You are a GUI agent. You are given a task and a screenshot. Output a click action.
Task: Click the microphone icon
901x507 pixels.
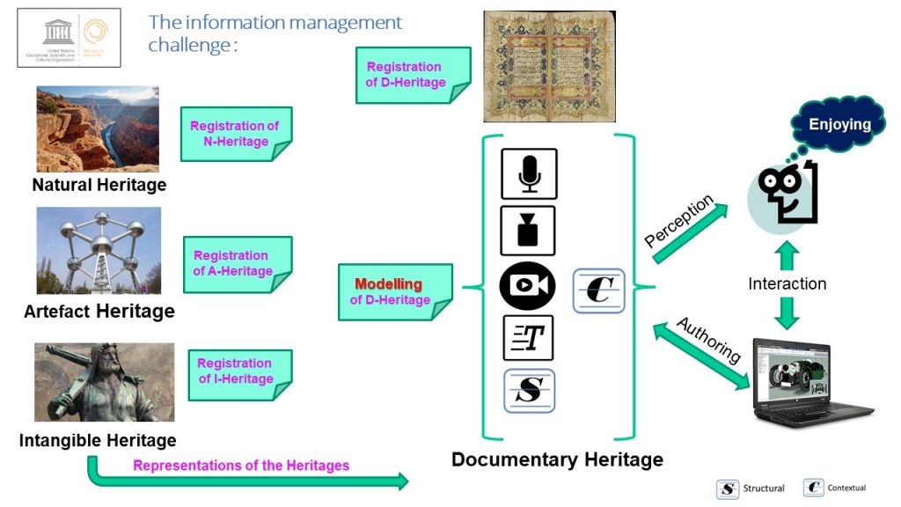coord(529,173)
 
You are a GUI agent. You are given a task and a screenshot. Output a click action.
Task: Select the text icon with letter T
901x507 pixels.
coord(528,338)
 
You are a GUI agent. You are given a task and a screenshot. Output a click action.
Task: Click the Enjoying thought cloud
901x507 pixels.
coord(839,125)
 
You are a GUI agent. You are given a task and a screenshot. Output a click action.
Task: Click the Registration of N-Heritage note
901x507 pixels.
coord(235,134)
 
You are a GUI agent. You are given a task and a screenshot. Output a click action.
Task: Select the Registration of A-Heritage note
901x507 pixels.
coord(235,263)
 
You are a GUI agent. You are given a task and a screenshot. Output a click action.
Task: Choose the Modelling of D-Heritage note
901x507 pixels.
coord(392,291)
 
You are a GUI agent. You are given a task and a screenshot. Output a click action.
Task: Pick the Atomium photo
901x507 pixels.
coord(99,251)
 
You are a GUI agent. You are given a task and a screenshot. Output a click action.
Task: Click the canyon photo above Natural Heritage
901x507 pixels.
coord(98,129)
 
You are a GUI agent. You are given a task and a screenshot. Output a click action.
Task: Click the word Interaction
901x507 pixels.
coord(787,283)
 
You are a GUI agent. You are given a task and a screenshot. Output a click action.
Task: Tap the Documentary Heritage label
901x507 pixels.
coord(557,459)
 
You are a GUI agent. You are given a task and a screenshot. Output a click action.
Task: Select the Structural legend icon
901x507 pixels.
coord(728,489)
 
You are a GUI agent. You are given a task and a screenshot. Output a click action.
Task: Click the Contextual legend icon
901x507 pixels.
coord(813,488)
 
